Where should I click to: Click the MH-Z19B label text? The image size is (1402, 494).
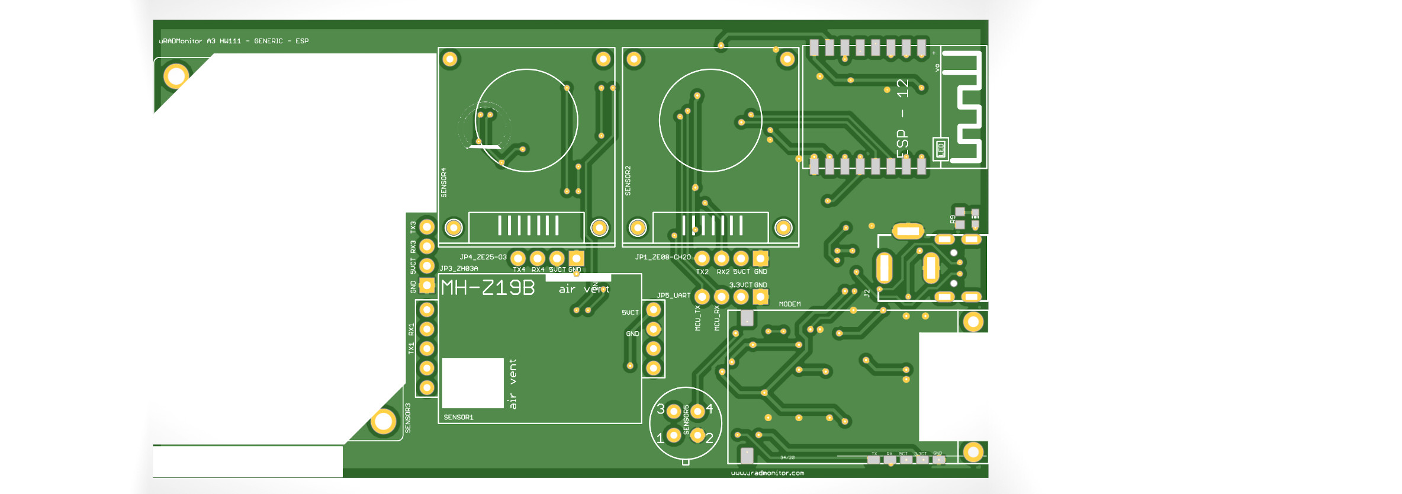[x=488, y=288]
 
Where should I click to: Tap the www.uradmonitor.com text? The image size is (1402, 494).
[x=767, y=473]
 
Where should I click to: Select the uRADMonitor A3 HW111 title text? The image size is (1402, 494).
[x=234, y=41]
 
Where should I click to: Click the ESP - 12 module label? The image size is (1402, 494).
[x=902, y=118]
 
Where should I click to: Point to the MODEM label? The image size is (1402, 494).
[x=790, y=304]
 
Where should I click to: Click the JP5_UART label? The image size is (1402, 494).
[x=673, y=295]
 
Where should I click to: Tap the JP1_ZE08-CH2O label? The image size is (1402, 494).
[x=663, y=257]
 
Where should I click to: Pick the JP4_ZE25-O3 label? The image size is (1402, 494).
[x=483, y=257]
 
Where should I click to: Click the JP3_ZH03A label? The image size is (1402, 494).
[x=459, y=268]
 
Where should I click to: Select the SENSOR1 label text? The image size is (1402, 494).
[x=458, y=417]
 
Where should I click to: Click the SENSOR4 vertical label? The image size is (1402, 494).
[x=444, y=182]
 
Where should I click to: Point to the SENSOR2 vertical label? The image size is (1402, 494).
[x=628, y=181]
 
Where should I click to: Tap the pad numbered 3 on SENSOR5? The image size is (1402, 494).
[x=674, y=410]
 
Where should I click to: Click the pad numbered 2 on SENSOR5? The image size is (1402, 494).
[x=697, y=436]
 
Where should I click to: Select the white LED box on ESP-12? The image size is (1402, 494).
[x=940, y=149]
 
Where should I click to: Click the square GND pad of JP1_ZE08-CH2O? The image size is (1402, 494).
[x=760, y=258]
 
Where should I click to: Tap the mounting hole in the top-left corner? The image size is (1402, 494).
[x=176, y=76]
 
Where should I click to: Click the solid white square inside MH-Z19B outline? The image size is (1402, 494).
[x=472, y=383]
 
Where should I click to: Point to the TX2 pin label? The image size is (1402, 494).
[x=702, y=272]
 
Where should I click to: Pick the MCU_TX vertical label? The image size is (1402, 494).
[x=697, y=318]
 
